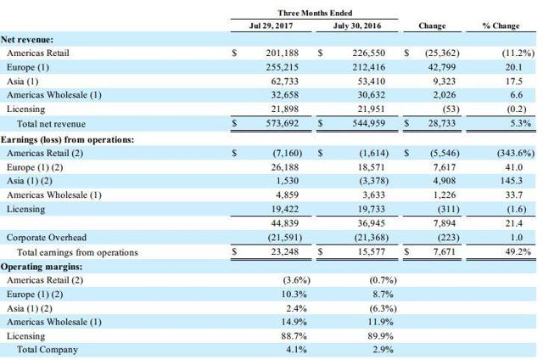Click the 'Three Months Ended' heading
315,14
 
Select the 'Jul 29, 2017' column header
271,26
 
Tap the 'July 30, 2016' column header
357,26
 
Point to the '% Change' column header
501,26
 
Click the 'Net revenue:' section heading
27,40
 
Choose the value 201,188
283,53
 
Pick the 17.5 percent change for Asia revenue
513,82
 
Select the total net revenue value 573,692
283,123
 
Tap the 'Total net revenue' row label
51,124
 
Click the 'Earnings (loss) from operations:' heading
67,139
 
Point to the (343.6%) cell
516,153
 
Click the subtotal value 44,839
285,223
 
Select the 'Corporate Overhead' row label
47,238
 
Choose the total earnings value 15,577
372,251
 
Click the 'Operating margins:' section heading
42,267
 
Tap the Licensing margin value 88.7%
294,336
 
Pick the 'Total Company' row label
48,350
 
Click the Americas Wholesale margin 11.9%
380,322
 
